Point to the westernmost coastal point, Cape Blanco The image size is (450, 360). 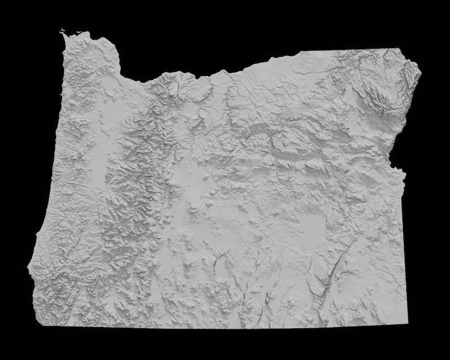[27, 267]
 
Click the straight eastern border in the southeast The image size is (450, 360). [405, 255]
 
